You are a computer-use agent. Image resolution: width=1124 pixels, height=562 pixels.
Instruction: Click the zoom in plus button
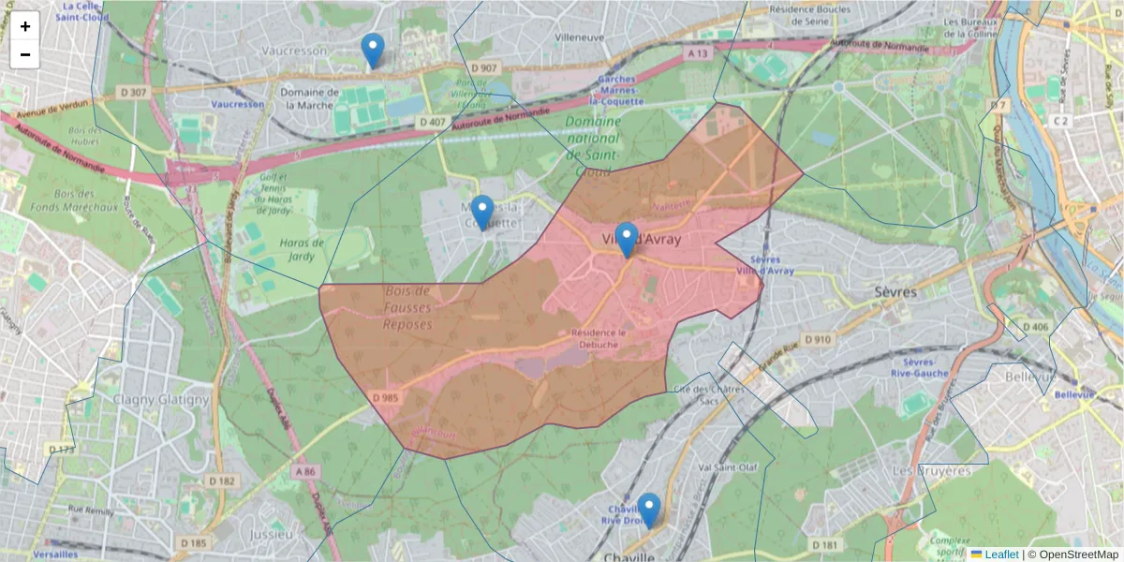point(25,26)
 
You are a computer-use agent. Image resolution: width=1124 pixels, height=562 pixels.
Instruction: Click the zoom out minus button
point(25,54)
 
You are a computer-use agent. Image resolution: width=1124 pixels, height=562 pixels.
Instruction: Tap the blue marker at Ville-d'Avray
point(627,240)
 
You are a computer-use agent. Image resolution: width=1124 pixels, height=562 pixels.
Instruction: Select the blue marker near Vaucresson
point(373,51)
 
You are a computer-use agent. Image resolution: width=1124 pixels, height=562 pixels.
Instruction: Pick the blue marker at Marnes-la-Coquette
point(482,213)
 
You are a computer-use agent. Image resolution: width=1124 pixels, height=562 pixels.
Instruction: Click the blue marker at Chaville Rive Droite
point(648,510)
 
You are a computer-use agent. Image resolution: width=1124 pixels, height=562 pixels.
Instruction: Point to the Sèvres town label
point(897,292)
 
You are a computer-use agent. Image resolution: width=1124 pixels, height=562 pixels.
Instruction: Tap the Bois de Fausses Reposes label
point(407,308)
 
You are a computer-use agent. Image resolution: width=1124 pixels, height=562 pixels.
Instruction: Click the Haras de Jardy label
point(302,249)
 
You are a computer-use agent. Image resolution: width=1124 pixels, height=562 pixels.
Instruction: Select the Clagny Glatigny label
point(161,400)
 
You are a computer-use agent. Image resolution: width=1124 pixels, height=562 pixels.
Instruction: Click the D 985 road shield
point(384,398)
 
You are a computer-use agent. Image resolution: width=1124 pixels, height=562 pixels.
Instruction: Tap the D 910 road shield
point(817,339)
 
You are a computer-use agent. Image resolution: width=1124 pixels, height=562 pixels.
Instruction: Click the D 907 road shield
point(484,68)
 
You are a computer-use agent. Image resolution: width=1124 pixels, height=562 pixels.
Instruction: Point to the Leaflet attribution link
point(1000,555)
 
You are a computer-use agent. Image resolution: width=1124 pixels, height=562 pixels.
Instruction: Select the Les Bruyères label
point(931,471)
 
